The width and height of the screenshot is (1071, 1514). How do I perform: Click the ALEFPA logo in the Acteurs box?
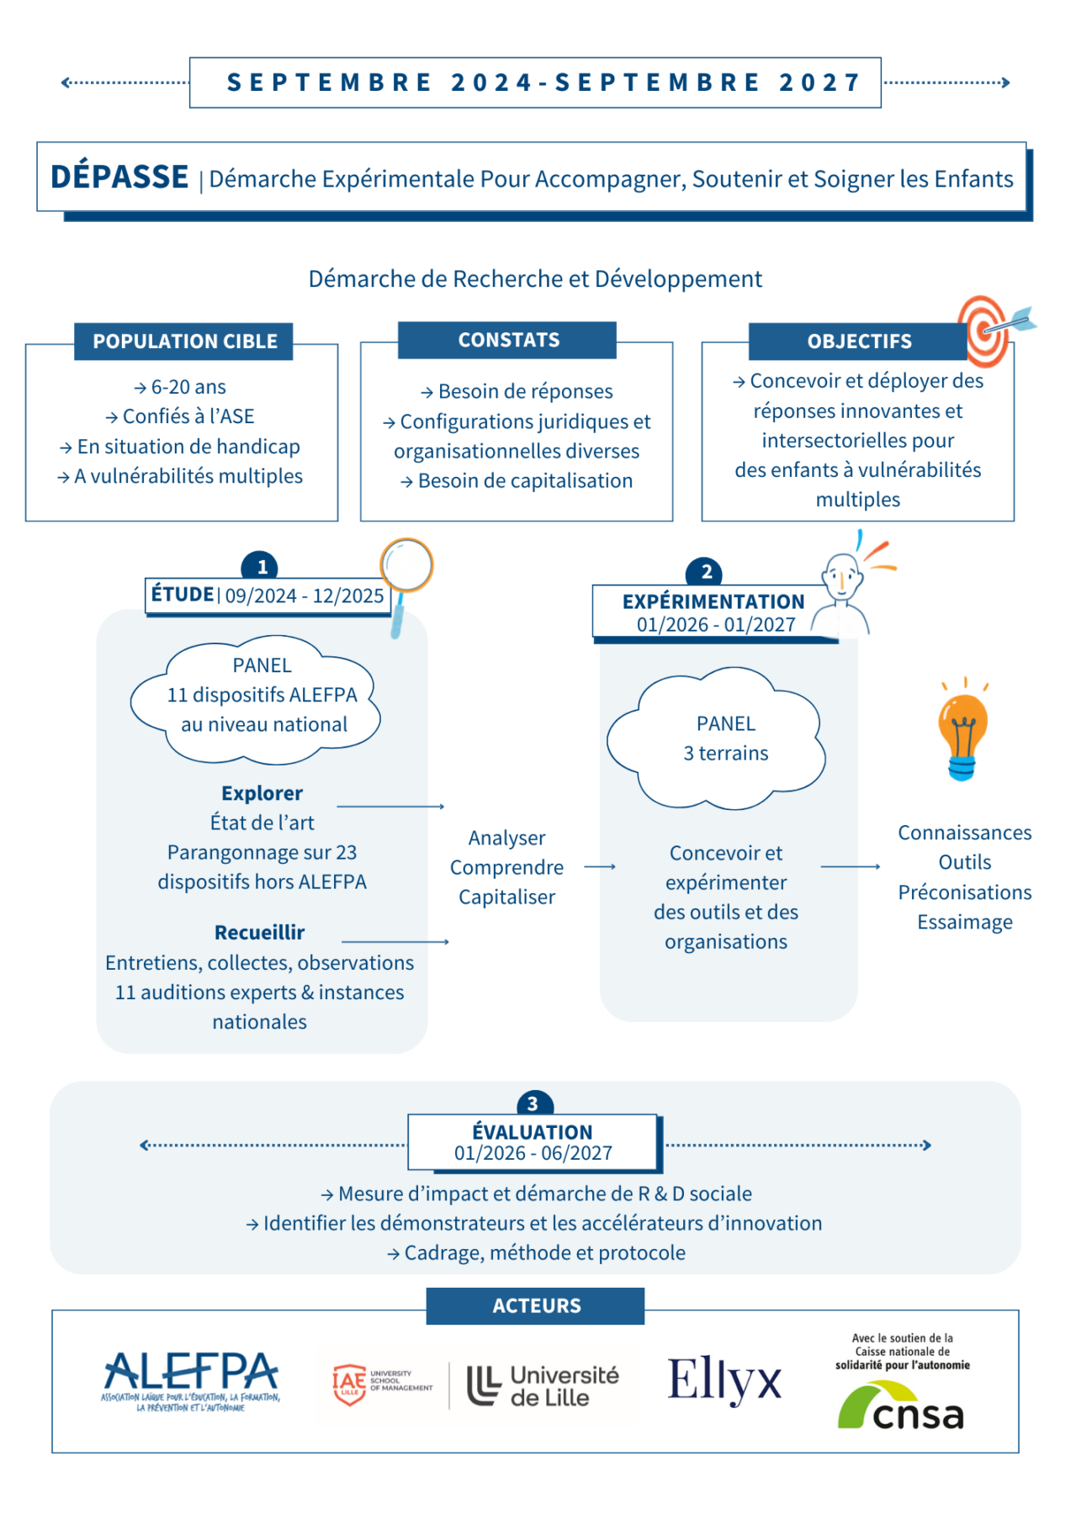(191, 1380)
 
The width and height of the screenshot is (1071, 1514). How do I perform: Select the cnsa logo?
(901, 1405)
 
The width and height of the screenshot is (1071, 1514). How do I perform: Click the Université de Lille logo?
(543, 1385)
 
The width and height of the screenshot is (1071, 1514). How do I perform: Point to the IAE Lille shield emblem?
(349, 1384)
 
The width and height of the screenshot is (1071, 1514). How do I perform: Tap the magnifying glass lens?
(406, 565)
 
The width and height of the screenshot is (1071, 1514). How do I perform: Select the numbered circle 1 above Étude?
(261, 567)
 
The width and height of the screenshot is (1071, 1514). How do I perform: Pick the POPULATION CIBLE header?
(184, 341)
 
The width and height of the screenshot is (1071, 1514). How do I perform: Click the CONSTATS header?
(508, 340)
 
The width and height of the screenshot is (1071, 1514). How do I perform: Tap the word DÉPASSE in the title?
(119, 177)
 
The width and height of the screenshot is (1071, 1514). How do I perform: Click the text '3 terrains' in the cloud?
(725, 753)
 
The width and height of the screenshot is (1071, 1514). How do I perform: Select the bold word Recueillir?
(259, 932)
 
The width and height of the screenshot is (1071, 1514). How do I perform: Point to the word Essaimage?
(964, 922)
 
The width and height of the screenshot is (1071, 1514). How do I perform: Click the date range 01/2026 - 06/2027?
(533, 1153)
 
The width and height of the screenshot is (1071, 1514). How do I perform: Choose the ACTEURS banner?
(536, 1305)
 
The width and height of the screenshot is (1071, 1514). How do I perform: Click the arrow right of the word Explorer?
(391, 806)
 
